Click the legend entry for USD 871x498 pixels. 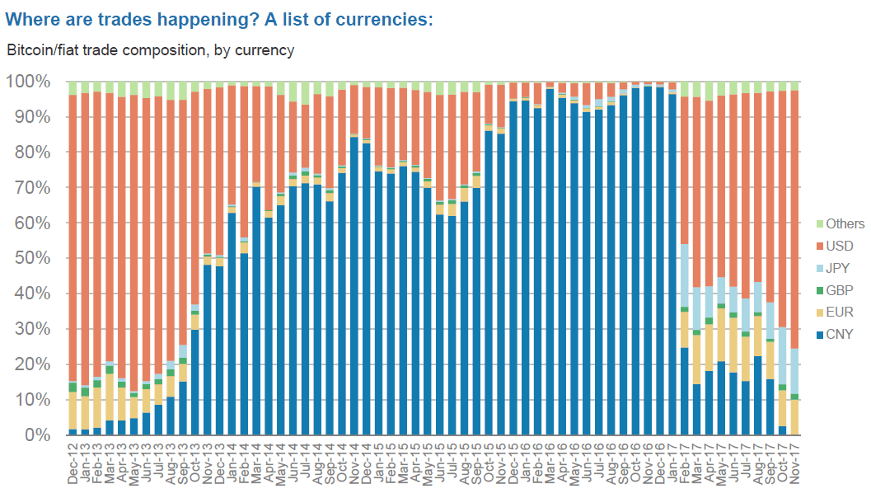pos(840,246)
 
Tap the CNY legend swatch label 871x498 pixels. pos(840,335)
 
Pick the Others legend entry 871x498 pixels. pos(845,223)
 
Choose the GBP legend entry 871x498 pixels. pos(840,290)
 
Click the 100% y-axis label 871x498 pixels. pos(31,82)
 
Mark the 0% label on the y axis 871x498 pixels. pos(39,435)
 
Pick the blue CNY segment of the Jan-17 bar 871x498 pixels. pos(672,264)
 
